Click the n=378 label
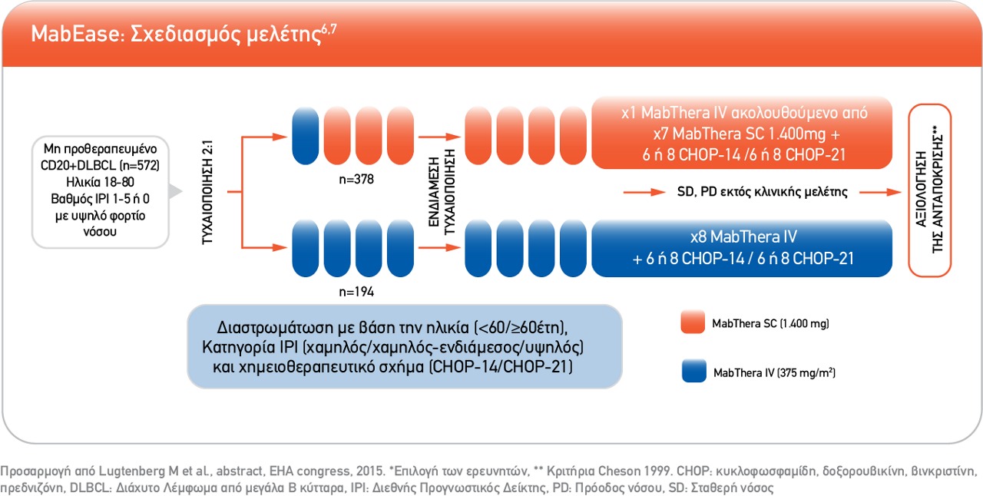[x=356, y=179]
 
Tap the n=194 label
[x=356, y=292]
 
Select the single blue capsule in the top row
[x=306, y=136]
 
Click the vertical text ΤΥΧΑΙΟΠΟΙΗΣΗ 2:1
[x=207, y=192]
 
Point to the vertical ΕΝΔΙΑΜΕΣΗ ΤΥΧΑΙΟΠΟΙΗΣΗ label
[x=442, y=192]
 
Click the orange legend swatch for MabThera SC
[x=693, y=322]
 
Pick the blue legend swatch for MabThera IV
[x=693, y=370]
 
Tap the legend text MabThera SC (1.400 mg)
[x=770, y=323]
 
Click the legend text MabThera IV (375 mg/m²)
[x=775, y=372]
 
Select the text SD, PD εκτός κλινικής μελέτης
[x=763, y=192]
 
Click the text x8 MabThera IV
[x=743, y=237]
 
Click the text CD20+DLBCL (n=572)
[x=100, y=166]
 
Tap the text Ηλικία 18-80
[x=100, y=182]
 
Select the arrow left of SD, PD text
[x=644, y=192]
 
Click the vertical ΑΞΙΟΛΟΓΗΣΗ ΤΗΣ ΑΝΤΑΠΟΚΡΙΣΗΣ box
[x=929, y=190]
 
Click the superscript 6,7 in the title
[x=329, y=29]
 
